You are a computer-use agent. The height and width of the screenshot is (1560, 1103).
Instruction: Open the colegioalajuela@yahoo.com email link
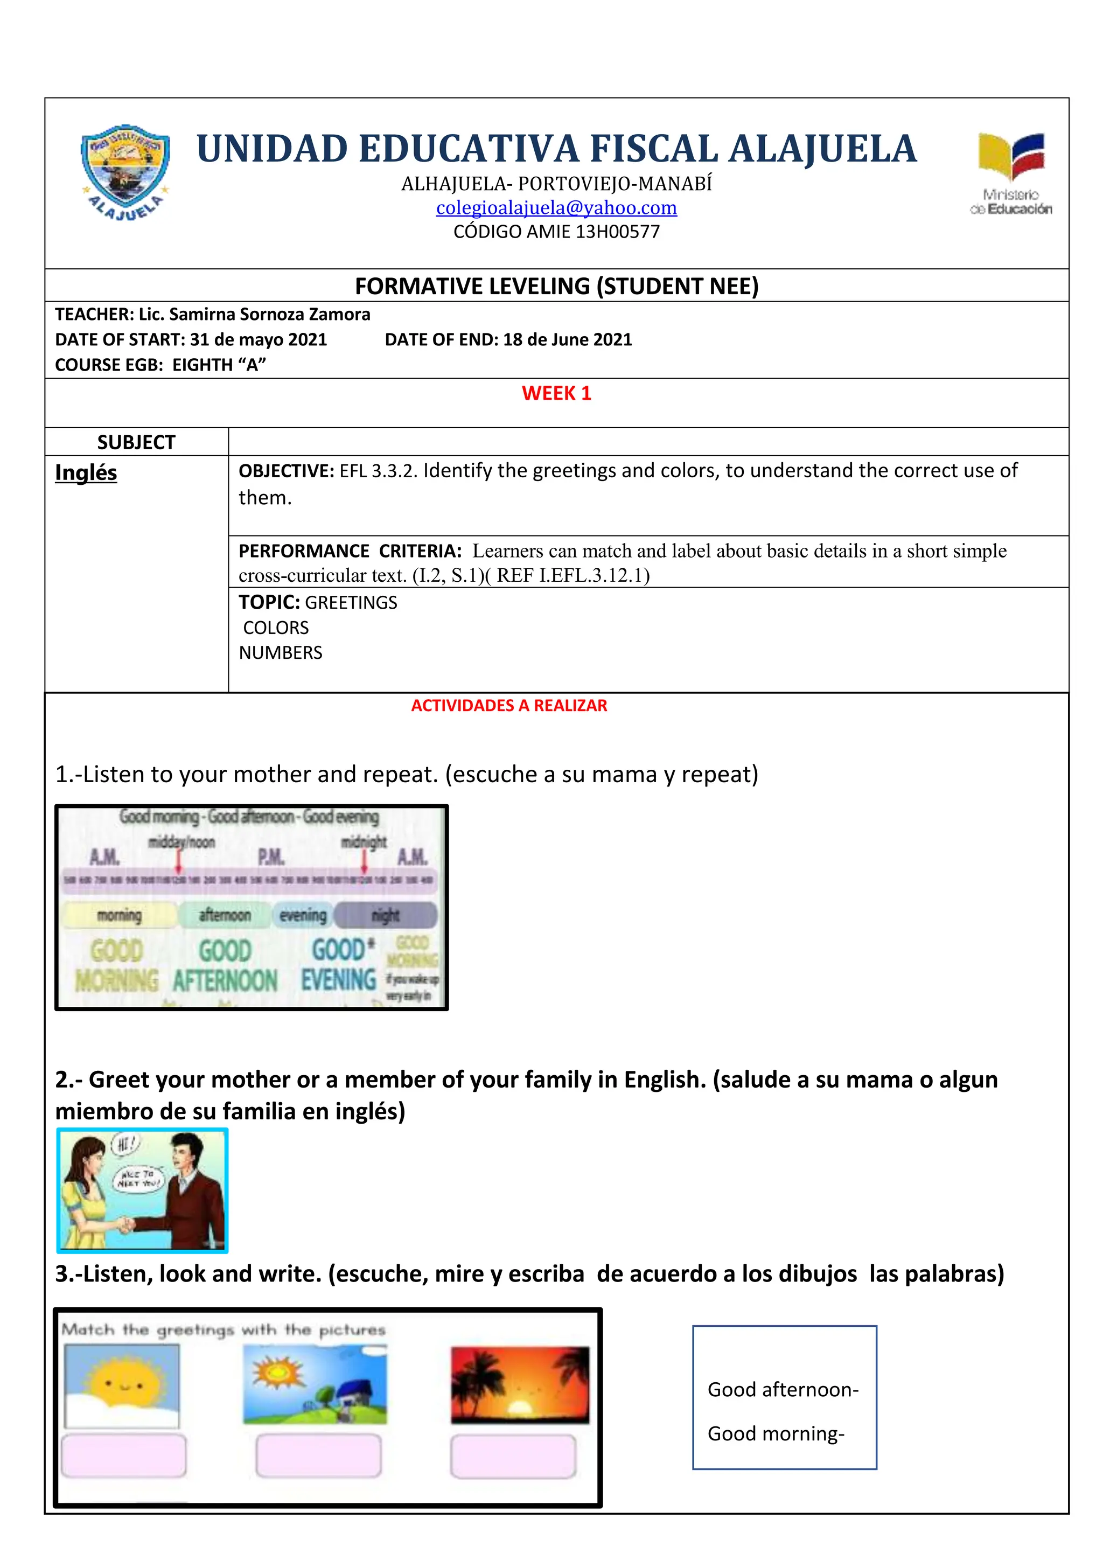(x=556, y=207)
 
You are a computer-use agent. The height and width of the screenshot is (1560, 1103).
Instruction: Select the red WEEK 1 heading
(x=556, y=393)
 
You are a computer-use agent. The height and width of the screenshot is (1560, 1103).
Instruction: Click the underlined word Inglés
(x=86, y=472)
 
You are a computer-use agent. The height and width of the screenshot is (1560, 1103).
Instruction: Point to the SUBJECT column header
(x=136, y=442)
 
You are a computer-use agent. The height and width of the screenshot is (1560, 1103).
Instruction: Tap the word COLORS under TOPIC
(x=276, y=628)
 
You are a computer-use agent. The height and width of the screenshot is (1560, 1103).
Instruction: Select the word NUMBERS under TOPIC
(x=280, y=653)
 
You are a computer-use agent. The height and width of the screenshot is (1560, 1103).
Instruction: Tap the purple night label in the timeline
(x=386, y=915)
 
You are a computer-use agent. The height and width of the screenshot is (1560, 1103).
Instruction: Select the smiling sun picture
(x=122, y=1385)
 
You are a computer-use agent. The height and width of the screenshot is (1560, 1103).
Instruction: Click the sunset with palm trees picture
(x=520, y=1384)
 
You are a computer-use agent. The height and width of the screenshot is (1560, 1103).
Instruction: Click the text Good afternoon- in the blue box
(x=783, y=1389)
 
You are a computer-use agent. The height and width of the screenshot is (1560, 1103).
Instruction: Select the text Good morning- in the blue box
(x=776, y=1433)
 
